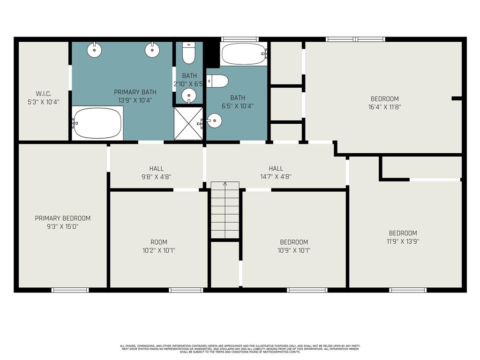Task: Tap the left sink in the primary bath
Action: (95, 50)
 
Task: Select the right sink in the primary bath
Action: (151, 50)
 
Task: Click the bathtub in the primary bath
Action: (97, 123)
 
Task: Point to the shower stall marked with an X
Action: (188, 123)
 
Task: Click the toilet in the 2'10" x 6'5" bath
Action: (188, 54)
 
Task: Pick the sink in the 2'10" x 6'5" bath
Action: (188, 96)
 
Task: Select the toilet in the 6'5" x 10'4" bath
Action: (217, 81)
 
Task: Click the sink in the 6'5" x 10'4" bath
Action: (214, 120)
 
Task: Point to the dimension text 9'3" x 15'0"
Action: (63, 226)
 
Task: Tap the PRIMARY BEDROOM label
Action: (63, 218)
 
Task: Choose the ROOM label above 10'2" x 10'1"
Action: (158, 242)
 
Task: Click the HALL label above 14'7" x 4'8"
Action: (276, 168)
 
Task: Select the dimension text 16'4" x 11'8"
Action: (385, 107)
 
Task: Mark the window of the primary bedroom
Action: (70, 290)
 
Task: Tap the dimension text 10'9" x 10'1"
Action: (294, 250)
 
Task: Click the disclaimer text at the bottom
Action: (240, 349)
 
